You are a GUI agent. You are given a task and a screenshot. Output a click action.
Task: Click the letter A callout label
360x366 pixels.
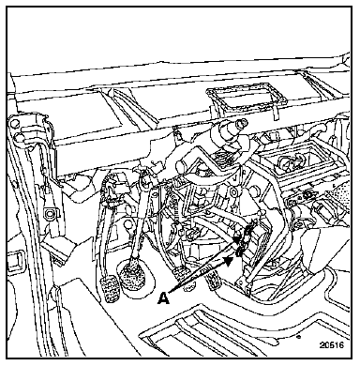click(x=163, y=297)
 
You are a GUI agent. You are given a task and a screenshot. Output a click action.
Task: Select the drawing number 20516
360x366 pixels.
click(x=331, y=345)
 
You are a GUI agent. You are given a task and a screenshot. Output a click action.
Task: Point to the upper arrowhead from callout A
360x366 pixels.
click(x=238, y=239)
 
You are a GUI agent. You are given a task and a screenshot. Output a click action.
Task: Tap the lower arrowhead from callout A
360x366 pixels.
click(x=230, y=260)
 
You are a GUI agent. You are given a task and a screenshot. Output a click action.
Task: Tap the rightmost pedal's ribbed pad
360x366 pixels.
click(x=213, y=281)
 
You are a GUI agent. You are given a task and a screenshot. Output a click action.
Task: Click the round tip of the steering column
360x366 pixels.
click(x=242, y=123)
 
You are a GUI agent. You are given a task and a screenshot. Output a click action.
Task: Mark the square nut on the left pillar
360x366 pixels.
click(x=49, y=213)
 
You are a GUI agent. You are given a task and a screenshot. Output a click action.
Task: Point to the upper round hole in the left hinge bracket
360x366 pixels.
click(x=13, y=123)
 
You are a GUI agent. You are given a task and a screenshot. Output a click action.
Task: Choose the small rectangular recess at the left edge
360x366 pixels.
click(x=14, y=260)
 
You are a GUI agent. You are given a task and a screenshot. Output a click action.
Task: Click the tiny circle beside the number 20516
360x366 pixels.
click(x=298, y=337)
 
